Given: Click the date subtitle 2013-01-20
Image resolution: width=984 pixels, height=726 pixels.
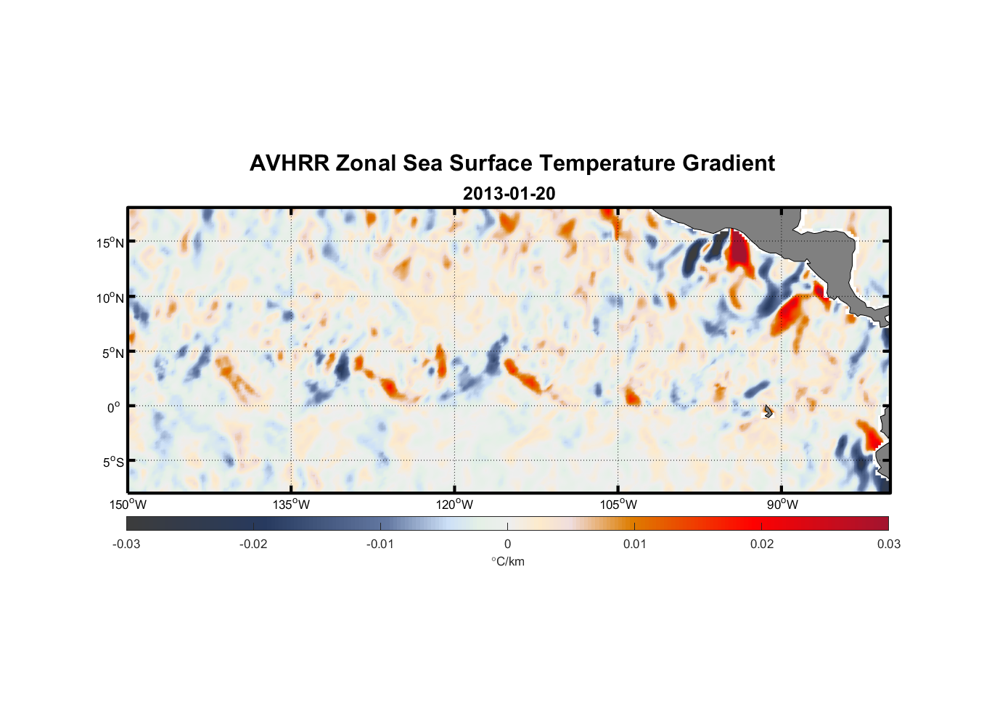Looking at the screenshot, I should click(509, 193).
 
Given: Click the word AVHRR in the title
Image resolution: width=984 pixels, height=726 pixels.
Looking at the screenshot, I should click(289, 163).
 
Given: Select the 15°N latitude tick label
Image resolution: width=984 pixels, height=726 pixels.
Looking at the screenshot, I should click(110, 242).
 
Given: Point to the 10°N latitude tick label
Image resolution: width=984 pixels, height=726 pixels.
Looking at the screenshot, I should click(110, 298).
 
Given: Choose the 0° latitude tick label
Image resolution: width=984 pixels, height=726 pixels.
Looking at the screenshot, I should click(114, 407).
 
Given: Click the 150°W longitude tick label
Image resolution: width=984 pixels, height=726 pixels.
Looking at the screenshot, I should click(128, 505).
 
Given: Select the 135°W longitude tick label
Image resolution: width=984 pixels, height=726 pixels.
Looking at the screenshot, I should click(291, 505).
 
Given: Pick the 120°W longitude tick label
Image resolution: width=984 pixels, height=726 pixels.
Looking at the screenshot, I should click(454, 505).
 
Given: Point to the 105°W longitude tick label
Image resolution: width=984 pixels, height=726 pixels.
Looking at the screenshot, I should click(618, 505).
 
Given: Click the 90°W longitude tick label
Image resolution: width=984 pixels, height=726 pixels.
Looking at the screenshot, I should click(782, 505).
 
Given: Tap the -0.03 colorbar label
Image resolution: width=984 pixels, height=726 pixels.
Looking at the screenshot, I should click(126, 544).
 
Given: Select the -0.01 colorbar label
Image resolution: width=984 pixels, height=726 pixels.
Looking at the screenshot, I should click(380, 544).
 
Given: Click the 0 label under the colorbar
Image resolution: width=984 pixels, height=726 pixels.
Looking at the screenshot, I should click(507, 544).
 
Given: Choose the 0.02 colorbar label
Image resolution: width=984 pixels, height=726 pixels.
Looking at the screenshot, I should click(762, 544).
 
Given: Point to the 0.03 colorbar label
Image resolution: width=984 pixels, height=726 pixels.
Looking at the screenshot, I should click(888, 544).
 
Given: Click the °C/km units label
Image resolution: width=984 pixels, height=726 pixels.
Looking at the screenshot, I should click(507, 561).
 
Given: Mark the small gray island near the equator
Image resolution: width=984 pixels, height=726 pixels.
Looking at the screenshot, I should click(768, 412).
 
